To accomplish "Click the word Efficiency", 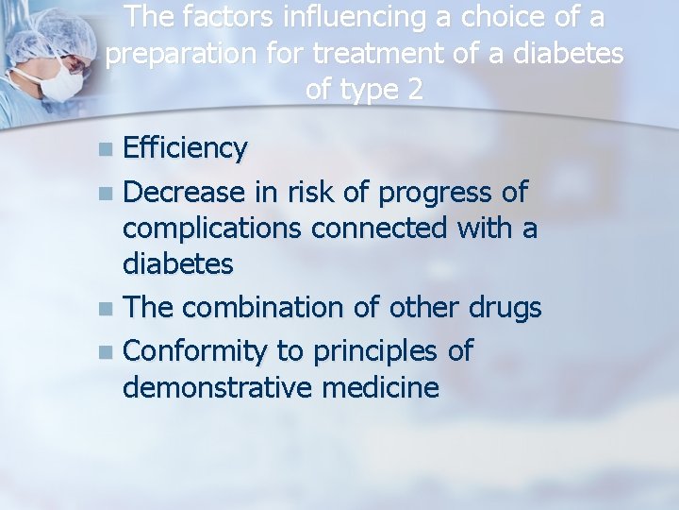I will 186,149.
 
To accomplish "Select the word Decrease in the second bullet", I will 186,193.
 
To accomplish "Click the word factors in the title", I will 215,18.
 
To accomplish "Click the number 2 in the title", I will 414,91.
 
